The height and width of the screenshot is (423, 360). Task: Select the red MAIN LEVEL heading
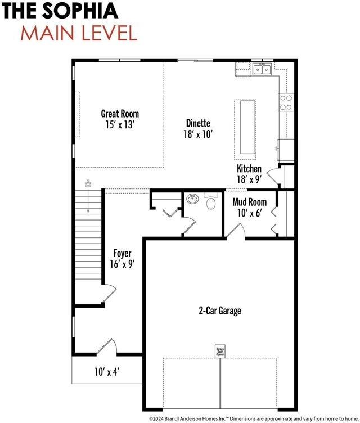click(79, 33)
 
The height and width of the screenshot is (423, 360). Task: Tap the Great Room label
click(120, 114)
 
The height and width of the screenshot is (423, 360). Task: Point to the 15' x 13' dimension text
click(120, 124)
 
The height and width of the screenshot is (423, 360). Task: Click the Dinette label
click(198, 123)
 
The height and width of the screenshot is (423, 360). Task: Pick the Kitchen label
click(249, 169)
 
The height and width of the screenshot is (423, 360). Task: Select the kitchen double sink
click(262, 69)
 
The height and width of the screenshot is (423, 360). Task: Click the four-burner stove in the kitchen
click(286, 102)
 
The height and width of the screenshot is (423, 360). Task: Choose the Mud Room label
click(250, 202)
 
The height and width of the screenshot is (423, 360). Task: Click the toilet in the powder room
click(211, 202)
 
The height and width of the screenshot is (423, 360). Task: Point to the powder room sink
click(192, 199)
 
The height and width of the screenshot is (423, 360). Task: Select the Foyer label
click(122, 253)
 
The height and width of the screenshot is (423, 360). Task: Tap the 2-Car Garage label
click(220, 310)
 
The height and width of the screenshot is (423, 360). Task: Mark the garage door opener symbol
click(220, 352)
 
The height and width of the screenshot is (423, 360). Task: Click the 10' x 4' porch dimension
click(106, 371)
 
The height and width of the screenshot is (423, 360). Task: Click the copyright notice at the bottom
click(253, 418)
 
